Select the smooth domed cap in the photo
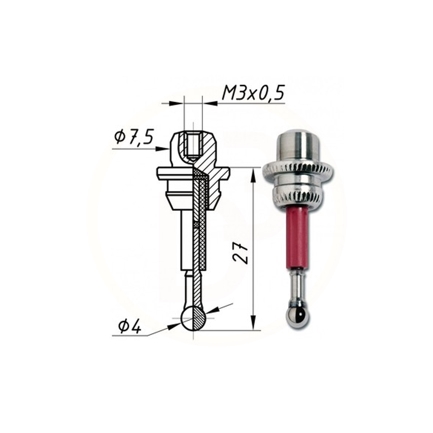coord(297,145)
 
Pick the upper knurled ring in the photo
coord(298,171)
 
